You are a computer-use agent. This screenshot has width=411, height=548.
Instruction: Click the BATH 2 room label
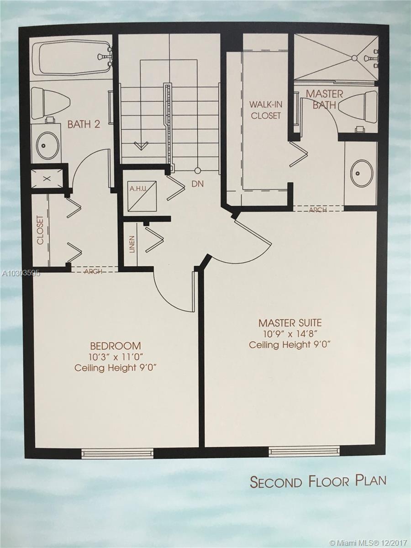84,124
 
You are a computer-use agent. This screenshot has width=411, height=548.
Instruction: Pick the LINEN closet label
132,244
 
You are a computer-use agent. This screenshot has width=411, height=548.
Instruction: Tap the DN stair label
198,184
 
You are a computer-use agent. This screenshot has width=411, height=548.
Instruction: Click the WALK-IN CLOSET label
266,110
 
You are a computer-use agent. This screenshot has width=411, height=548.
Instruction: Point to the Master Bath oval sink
362,173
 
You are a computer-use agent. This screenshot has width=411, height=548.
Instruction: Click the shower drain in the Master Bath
354,58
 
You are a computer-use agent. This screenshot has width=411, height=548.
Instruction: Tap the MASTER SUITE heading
290,323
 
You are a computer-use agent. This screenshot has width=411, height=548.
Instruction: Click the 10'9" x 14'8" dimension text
290,334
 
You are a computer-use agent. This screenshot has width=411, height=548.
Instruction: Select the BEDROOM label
116,346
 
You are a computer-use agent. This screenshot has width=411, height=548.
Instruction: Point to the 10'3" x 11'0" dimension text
116,357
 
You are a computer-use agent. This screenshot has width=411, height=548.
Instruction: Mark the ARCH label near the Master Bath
318,210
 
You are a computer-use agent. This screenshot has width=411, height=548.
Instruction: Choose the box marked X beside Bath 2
47,178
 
